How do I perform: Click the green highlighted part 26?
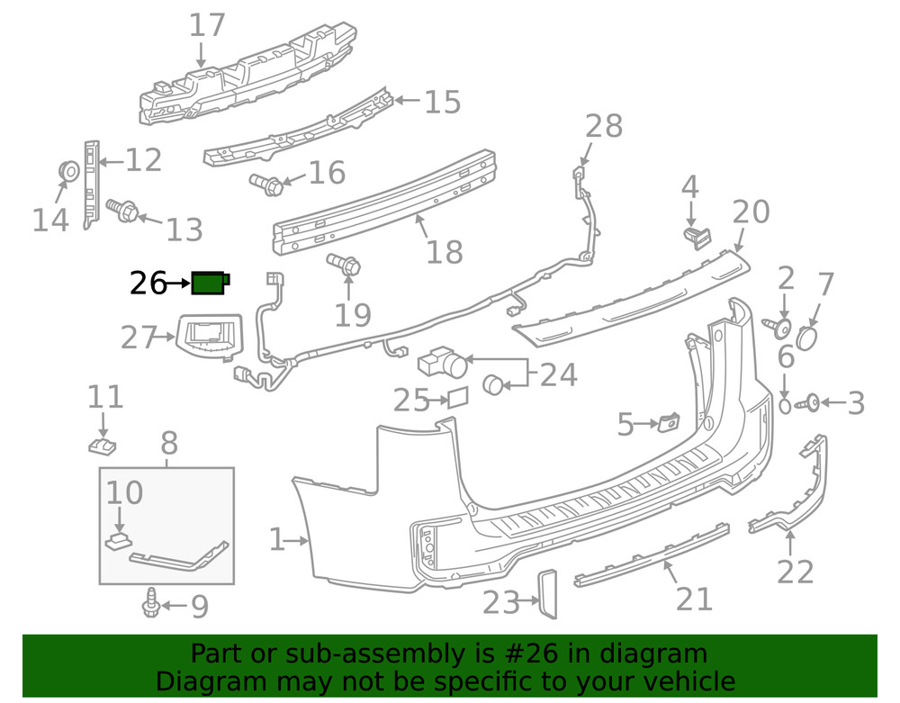click(211, 284)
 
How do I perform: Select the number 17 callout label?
click(207, 25)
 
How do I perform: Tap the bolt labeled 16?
click(267, 185)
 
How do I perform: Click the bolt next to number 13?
click(121, 211)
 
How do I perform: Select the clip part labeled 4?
click(694, 237)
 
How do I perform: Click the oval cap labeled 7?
click(807, 338)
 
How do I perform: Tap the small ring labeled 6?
click(785, 406)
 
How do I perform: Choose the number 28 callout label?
click(604, 127)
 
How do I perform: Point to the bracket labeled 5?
click(669, 422)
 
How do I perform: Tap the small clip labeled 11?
click(104, 445)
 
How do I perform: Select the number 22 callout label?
click(796, 572)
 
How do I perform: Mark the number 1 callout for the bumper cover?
click(279, 540)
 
